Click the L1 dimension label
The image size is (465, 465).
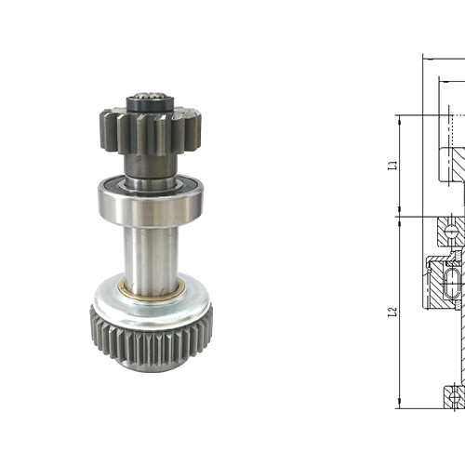click(x=393, y=166)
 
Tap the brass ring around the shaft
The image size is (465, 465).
click(x=151, y=285)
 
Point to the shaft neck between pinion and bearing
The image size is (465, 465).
click(x=150, y=167)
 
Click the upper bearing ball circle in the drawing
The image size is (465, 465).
click(x=452, y=229)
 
